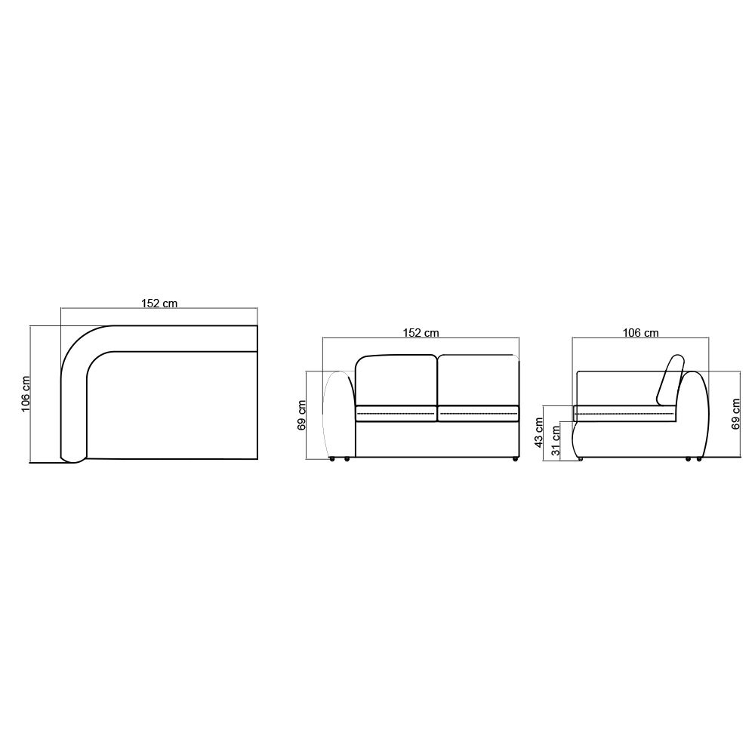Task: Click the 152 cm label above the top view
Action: coord(159,304)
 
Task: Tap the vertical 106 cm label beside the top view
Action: coord(26,394)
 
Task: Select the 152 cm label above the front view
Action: coord(421,333)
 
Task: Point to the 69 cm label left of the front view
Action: coord(302,415)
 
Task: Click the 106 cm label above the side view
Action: coord(640,333)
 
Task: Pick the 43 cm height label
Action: coord(539,433)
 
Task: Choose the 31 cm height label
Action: coord(556,441)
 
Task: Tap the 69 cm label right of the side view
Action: coord(735,414)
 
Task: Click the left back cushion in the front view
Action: coord(396,381)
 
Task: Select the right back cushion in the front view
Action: coord(478,381)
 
